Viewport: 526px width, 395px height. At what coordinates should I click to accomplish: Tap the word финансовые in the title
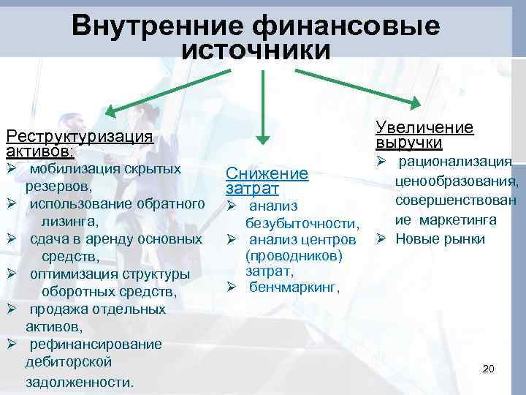click(346, 27)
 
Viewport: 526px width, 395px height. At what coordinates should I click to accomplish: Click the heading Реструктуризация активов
click(78, 143)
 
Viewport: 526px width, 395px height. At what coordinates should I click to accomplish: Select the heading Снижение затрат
click(267, 181)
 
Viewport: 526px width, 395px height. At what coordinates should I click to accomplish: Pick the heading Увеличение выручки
click(424, 135)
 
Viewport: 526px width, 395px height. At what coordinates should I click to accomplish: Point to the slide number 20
click(489, 369)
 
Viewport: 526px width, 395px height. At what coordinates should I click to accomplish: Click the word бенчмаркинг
click(294, 287)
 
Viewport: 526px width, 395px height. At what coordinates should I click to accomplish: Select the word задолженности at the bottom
click(80, 382)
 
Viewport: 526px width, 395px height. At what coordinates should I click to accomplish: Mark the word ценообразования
click(456, 181)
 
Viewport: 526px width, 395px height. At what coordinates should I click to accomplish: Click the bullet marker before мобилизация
click(11, 169)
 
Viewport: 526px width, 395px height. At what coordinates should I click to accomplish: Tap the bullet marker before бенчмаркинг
click(231, 287)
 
